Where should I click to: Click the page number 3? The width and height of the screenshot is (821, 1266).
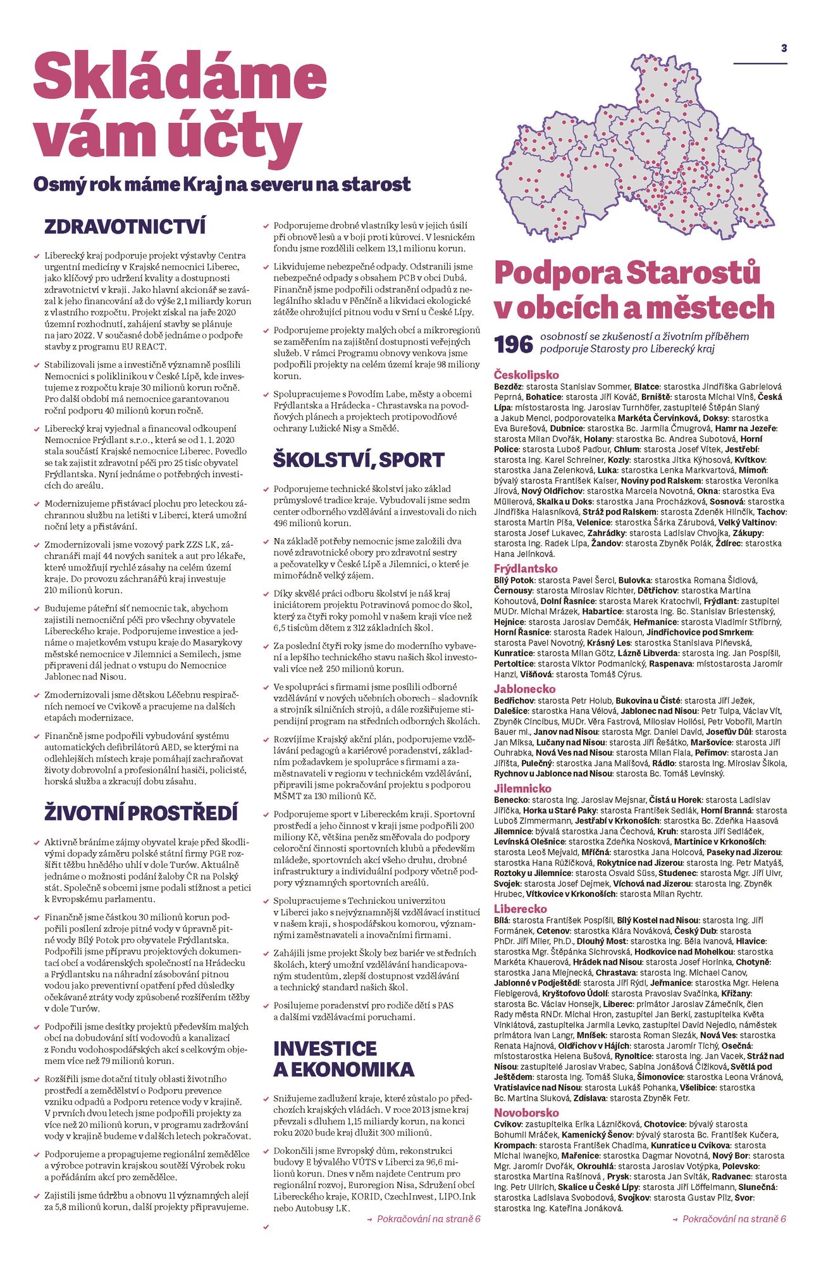[784, 48]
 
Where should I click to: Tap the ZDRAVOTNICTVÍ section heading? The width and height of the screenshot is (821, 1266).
[125, 227]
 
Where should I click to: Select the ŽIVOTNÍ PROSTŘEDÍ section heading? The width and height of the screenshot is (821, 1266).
[141, 813]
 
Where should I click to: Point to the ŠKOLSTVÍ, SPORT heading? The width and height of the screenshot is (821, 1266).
[358, 460]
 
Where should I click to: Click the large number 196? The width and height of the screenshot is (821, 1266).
[513, 344]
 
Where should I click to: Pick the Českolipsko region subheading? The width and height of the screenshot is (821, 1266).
[526, 375]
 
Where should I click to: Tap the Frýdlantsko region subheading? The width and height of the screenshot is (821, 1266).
[526, 568]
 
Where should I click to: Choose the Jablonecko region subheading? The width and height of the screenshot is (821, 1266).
[524, 689]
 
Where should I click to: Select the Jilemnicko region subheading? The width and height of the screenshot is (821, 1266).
[522, 789]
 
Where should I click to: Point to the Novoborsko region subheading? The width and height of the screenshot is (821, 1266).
[526, 1113]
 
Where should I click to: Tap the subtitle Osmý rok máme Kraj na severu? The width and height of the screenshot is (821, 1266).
[221, 185]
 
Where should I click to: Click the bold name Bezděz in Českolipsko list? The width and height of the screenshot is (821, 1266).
[508, 387]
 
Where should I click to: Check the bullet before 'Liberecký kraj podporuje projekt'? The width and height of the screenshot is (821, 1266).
[37, 256]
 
